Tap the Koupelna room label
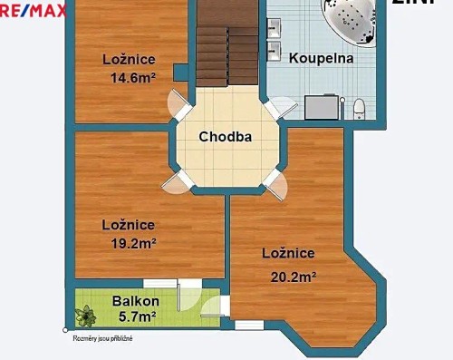[x=321, y=58]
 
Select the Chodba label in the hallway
[x=225, y=138]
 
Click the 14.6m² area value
[x=128, y=78]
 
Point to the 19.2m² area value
[x=128, y=243]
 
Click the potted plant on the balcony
[x=87, y=316]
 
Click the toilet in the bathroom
[x=359, y=108]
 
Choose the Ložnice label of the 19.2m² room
[x=128, y=225]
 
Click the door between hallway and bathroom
[x=276, y=110]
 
